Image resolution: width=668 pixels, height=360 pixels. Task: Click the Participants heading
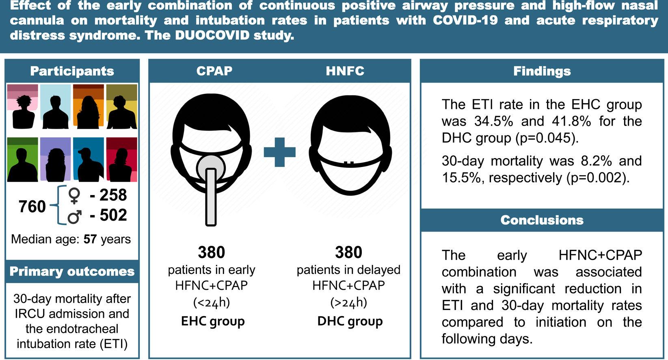click(x=72, y=71)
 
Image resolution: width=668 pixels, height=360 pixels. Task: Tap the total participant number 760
click(x=32, y=206)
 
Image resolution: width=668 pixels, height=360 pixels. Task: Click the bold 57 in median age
click(x=90, y=239)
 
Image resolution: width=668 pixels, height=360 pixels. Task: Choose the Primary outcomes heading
click(x=72, y=271)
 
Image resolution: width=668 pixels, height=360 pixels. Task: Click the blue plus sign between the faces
click(x=280, y=152)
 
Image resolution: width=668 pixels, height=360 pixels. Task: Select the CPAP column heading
click(x=214, y=71)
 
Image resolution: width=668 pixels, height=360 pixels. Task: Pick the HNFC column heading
click(x=345, y=71)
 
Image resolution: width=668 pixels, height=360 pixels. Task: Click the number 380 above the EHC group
click(x=212, y=252)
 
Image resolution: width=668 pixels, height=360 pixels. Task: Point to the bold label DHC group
click(x=350, y=321)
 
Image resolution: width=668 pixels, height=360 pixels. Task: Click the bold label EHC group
click(x=213, y=321)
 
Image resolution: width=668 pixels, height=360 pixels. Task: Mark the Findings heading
click(x=542, y=71)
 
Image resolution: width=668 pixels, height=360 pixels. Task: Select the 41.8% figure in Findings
click(x=571, y=121)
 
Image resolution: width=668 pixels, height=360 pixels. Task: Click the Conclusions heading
click(x=542, y=220)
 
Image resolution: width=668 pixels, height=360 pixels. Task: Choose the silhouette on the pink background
click(x=23, y=106)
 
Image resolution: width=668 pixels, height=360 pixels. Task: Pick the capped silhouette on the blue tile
click(x=89, y=160)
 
